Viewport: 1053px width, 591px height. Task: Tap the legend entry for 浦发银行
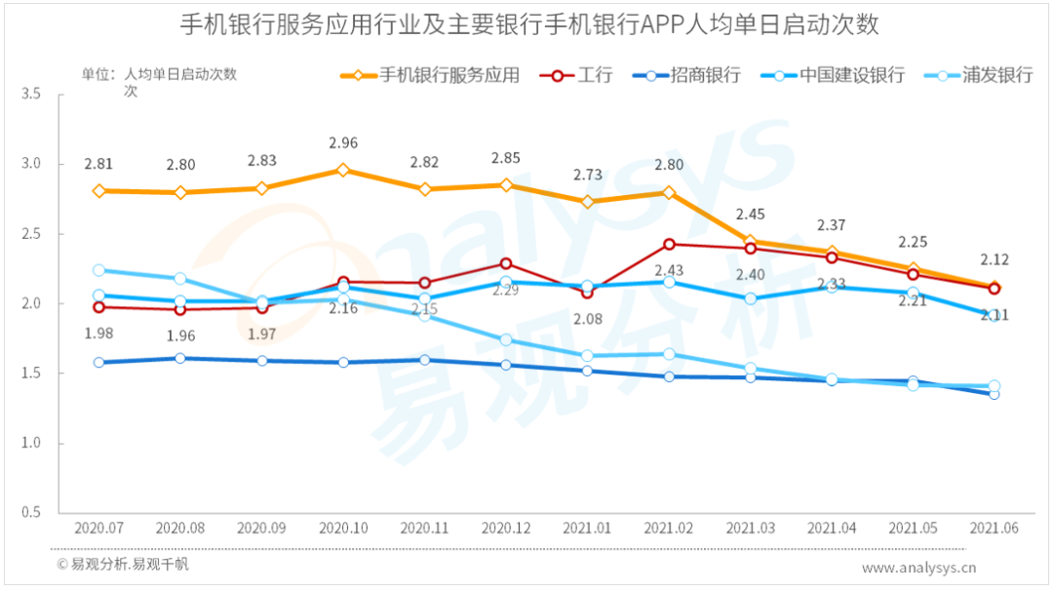995,75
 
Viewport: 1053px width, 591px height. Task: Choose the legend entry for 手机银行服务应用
448,75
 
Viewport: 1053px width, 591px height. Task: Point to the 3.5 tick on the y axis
30,95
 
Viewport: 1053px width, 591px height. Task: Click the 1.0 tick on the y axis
30,444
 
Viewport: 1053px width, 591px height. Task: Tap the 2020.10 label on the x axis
343,528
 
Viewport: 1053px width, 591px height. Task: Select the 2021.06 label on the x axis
994,528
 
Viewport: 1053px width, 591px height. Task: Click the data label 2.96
343,143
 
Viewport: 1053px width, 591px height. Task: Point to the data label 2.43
669,270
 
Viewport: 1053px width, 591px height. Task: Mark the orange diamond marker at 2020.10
343,170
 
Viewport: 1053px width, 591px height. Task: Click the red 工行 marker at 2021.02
669,244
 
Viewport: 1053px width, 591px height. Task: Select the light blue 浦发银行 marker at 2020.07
99,270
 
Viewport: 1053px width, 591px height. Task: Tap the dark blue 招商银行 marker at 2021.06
994,393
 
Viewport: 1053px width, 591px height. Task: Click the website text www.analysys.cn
918,568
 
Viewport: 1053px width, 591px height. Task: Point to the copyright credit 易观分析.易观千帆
124,565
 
